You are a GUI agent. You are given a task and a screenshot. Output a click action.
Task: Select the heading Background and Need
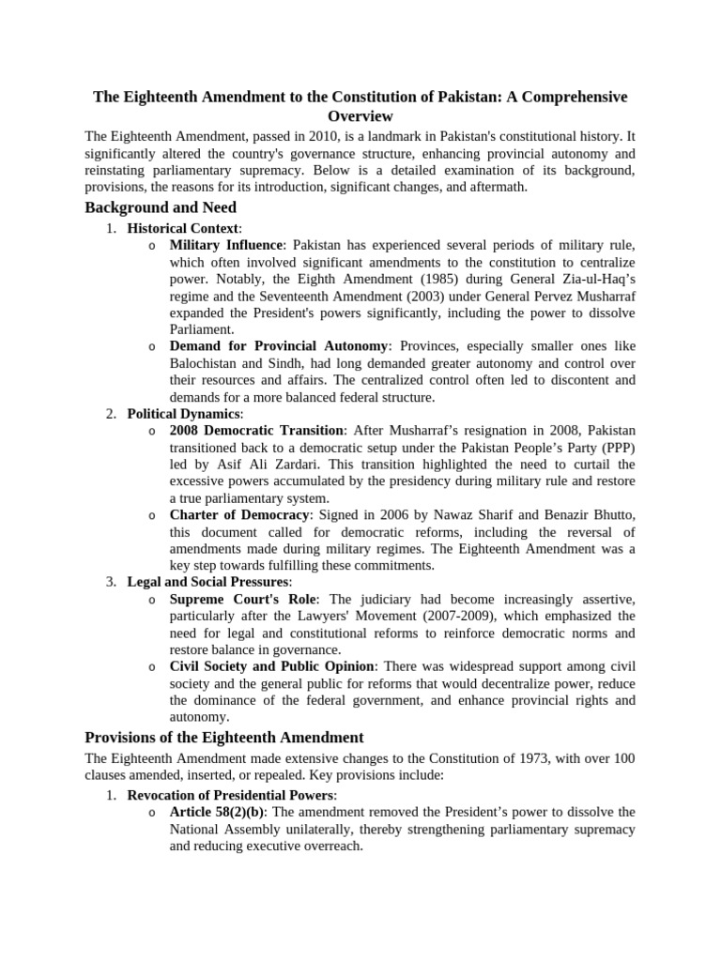[161, 207]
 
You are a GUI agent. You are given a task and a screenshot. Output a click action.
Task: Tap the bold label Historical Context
[183, 228]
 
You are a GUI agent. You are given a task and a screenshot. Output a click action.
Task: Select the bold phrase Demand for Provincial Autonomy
[278, 346]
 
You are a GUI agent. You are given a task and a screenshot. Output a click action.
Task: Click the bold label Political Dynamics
[184, 414]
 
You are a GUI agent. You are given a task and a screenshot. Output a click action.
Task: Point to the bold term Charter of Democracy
[239, 515]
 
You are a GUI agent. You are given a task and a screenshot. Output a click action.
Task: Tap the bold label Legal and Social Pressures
[209, 583]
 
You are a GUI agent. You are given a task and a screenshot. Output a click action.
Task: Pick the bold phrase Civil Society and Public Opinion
[271, 667]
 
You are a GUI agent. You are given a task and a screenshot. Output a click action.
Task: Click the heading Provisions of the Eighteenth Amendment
[223, 737]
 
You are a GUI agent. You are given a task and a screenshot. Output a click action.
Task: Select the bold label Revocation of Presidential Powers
[231, 795]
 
